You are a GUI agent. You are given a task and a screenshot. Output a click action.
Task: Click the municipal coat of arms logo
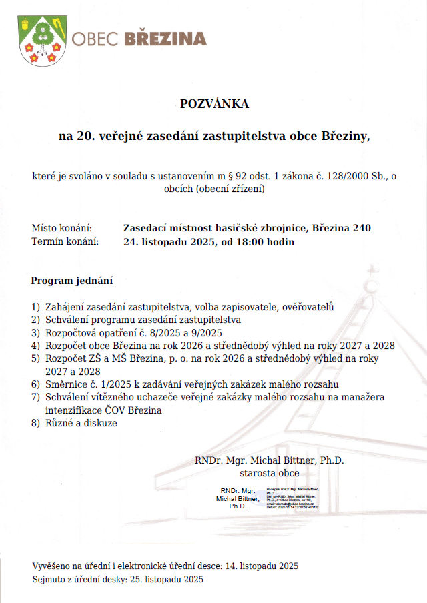(x=41, y=40)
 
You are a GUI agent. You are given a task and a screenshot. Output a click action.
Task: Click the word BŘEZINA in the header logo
(x=166, y=39)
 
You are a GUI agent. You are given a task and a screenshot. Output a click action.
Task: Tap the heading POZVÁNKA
(x=213, y=104)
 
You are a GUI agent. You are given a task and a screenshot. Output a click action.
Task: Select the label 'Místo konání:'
(x=61, y=228)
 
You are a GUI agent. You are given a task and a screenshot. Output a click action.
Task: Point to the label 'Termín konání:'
(x=65, y=241)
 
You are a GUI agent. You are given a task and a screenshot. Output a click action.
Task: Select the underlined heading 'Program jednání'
(x=72, y=281)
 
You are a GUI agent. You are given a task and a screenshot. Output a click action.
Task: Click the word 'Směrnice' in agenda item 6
(x=67, y=384)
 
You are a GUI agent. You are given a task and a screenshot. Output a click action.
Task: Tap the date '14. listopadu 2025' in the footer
(x=262, y=566)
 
